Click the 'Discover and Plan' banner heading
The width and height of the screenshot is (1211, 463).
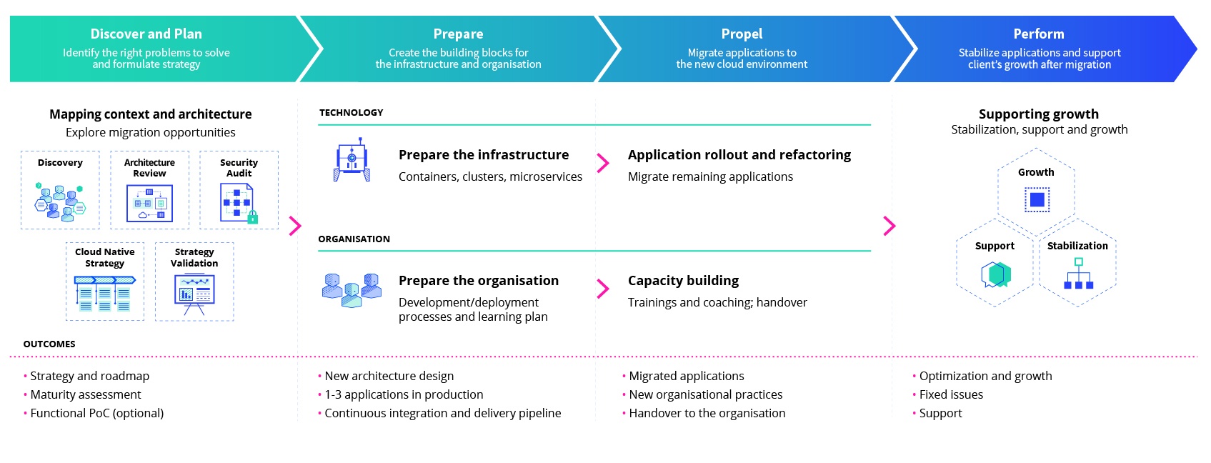coord(146,34)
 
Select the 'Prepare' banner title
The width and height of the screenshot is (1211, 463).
coord(458,34)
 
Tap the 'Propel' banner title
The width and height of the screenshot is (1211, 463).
coord(742,34)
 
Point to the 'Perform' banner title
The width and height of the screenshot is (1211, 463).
coord(1039,34)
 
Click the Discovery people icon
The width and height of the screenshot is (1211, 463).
coord(60,202)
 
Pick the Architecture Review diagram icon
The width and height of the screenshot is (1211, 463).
coord(149,204)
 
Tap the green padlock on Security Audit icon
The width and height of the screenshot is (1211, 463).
coord(252,217)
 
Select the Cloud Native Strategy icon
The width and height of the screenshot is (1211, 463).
coord(105,294)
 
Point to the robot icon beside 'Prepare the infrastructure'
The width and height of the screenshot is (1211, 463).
coord(352,159)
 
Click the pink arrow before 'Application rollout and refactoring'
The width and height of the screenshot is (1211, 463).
coord(603,163)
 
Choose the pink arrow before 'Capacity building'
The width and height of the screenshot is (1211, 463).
coord(603,289)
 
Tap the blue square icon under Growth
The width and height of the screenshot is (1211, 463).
coord(1037,199)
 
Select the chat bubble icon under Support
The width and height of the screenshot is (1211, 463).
coord(996,275)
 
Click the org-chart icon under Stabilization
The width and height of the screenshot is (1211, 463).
coord(1079,274)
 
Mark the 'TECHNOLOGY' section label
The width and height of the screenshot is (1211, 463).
coord(351,112)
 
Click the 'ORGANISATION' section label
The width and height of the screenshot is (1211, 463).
coord(354,239)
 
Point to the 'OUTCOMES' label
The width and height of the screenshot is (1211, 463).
coord(49,344)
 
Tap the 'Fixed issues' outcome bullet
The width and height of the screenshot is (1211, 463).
coord(947,395)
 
